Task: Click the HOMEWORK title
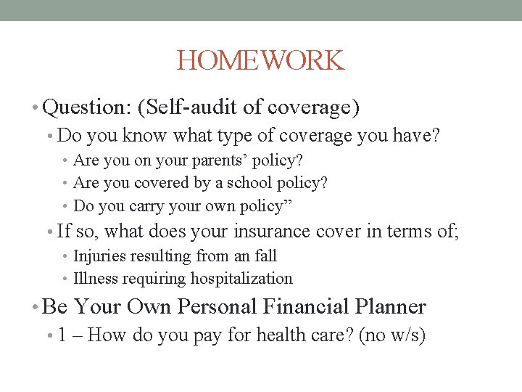260,60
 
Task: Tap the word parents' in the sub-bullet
227,160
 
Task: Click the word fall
265,256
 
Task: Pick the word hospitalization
241,279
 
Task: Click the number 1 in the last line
62,336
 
